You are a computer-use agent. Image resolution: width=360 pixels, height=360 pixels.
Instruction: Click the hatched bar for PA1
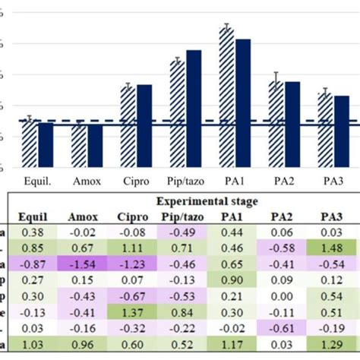226,99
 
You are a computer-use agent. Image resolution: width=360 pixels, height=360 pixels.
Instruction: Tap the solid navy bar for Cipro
144,127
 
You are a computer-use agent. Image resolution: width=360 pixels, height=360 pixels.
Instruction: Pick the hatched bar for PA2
276,125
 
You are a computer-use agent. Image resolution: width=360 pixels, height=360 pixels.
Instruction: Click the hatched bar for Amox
78,147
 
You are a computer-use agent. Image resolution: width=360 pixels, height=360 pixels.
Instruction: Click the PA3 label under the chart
333,181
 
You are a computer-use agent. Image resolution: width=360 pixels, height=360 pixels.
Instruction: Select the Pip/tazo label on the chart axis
185,181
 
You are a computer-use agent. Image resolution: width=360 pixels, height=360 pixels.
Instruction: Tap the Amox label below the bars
87,181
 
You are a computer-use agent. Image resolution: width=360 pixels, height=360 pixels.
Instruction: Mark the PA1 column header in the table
232,216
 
